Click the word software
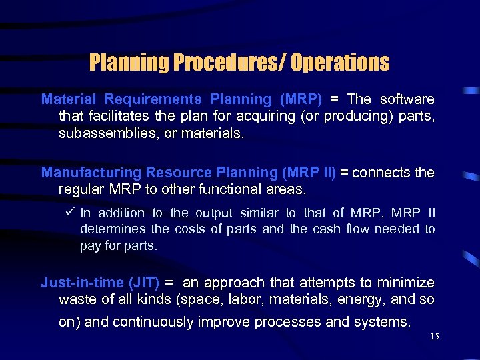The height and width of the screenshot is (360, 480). [x=407, y=99]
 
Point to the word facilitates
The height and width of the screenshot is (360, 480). [x=119, y=116]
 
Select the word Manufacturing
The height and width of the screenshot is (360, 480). [x=91, y=173]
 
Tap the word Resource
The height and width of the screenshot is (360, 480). [x=178, y=173]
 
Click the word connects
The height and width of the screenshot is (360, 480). [x=382, y=173]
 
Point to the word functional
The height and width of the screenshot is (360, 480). [x=231, y=189]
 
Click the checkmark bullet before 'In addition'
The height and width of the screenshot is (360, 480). [x=71, y=213]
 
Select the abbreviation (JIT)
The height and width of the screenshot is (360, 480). [x=145, y=283]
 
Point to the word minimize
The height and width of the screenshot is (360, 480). [x=407, y=283]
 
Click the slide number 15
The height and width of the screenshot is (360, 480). [x=435, y=337]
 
